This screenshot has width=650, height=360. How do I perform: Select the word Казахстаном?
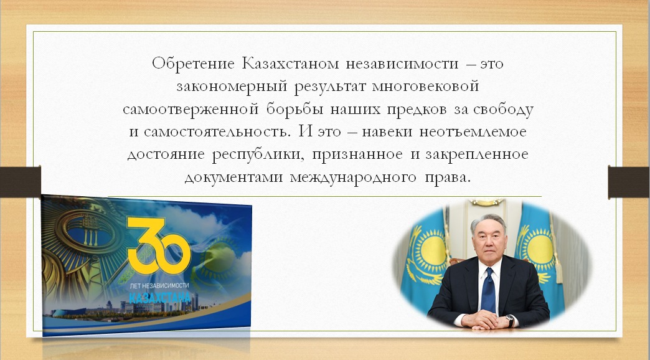(x=290, y=64)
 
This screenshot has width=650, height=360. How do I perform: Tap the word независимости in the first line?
(x=402, y=64)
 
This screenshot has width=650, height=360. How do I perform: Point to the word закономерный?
(x=232, y=87)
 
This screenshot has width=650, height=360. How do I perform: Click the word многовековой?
(x=426, y=87)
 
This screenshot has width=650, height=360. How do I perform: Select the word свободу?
(x=503, y=108)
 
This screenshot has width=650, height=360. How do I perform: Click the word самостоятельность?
(x=215, y=132)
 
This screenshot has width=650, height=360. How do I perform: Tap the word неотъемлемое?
(x=473, y=132)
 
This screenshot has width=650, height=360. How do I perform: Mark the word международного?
(x=353, y=178)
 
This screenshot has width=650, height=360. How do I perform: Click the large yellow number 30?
(x=159, y=245)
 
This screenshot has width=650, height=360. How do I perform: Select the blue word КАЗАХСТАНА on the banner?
(x=159, y=297)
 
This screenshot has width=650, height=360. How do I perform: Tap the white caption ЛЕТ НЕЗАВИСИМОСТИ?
(x=159, y=285)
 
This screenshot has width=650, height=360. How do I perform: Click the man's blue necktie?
(x=489, y=290)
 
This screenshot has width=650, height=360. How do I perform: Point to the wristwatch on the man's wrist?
(x=510, y=320)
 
